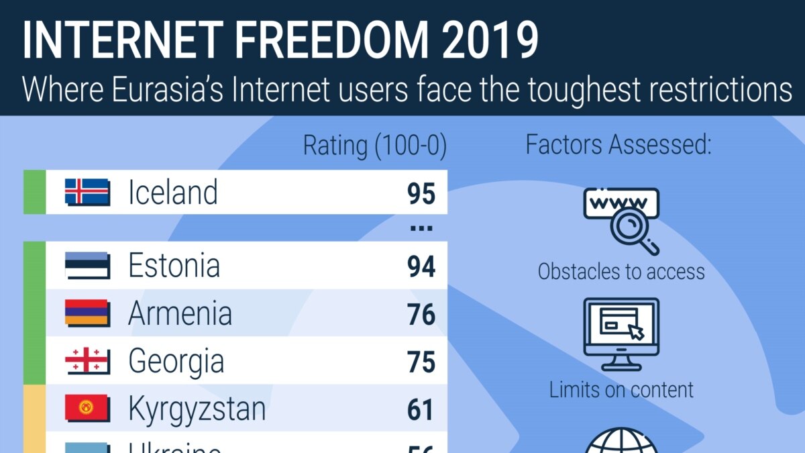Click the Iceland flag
(x=87, y=192)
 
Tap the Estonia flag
(x=87, y=266)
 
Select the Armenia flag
(x=87, y=313)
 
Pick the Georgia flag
(x=87, y=362)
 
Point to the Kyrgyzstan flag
(x=87, y=409)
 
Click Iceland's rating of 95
(x=421, y=193)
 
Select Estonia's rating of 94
(x=421, y=267)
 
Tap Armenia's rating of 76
(x=421, y=315)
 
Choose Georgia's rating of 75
(x=421, y=362)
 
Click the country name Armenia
(x=180, y=313)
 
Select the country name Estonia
(x=174, y=266)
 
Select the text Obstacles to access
(x=621, y=272)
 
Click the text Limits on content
(x=621, y=389)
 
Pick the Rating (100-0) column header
(x=374, y=146)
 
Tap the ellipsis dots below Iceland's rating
(x=421, y=229)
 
